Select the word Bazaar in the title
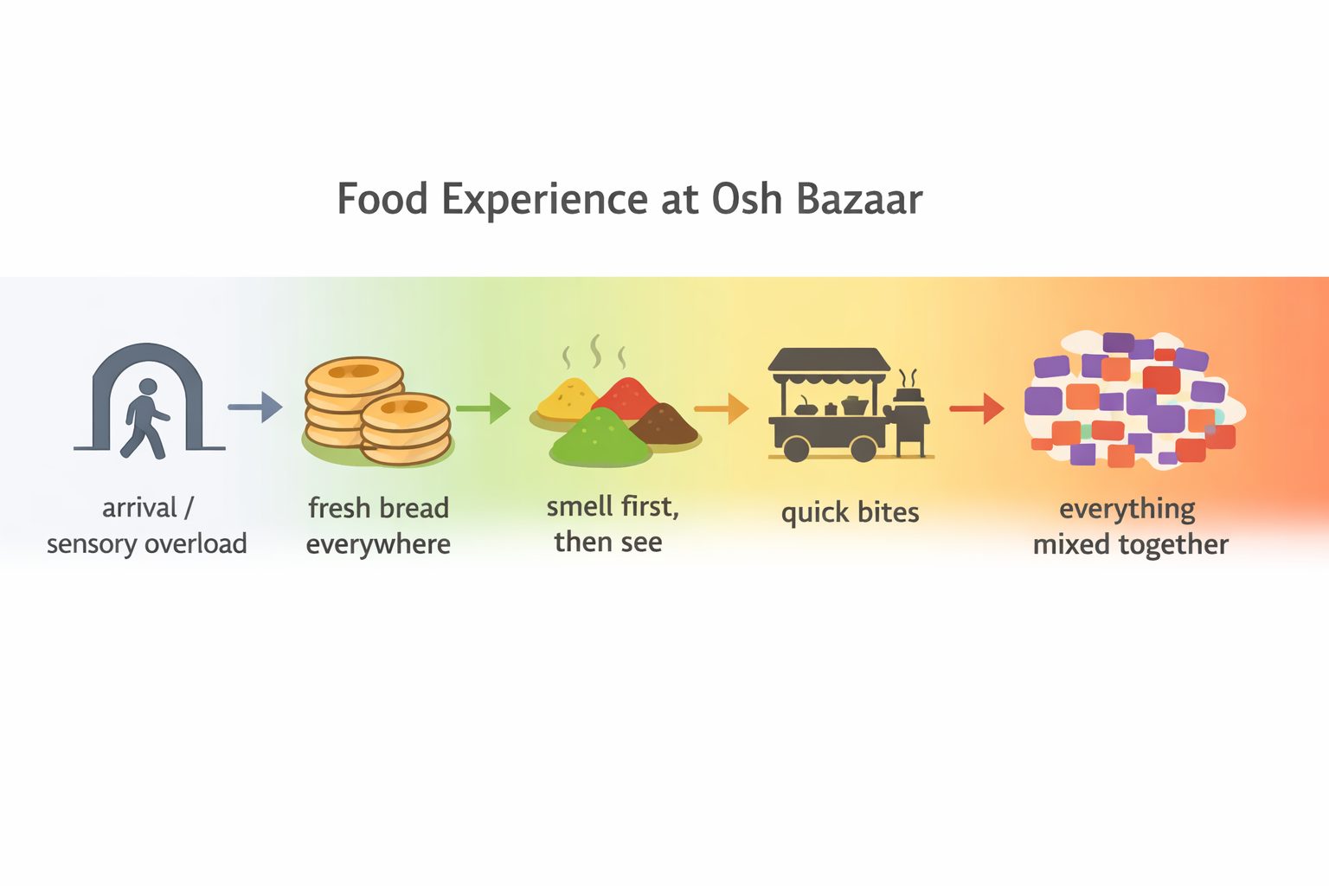pyautogui.click(x=859, y=199)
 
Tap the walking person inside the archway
pyautogui.click(x=144, y=417)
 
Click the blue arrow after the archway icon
pyautogui.click(x=254, y=407)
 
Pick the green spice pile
pyautogui.click(x=600, y=437)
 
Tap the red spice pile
pyautogui.click(x=630, y=397)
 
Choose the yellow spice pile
pyautogui.click(x=566, y=398)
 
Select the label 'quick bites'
pyautogui.click(x=850, y=512)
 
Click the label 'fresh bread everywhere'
pyautogui.click(x=378, y=525)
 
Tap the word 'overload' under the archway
pyautogui.click(x=196, y=544)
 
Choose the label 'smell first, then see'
pyautogui.click(x=612, y=523)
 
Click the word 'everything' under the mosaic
pyautogui.click(x=1127, y=509)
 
